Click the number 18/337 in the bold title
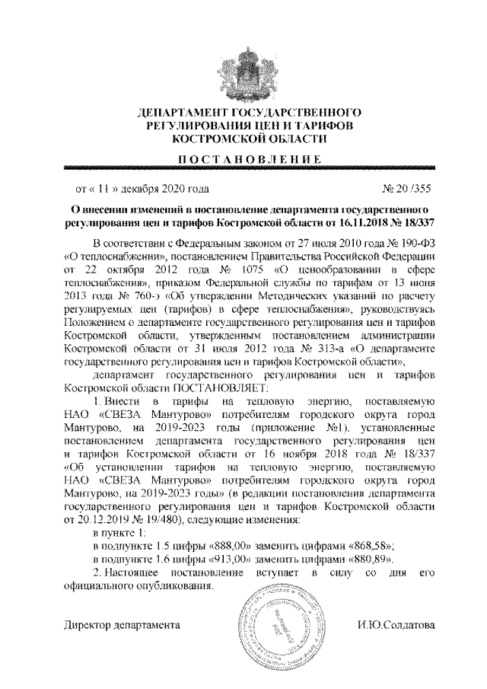point(420,221)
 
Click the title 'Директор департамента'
point(122,627)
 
